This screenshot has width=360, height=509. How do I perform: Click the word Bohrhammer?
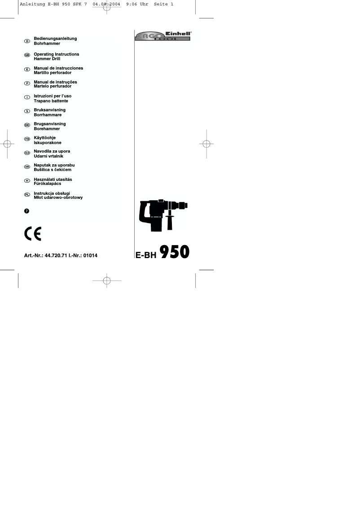point(47,44)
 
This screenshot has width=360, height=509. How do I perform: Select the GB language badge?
point(27,55)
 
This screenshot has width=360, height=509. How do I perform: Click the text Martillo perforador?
point(53,73)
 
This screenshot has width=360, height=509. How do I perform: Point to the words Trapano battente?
point(51,101)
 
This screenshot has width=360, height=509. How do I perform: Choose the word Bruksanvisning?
point(50,110)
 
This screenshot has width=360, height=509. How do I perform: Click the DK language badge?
point(27,125)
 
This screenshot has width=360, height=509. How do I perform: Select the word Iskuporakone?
point(48,143)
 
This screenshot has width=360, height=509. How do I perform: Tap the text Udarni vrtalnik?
point(48,156)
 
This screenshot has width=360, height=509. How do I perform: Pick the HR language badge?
point(27,167)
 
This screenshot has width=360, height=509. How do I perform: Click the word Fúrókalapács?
point(48,184)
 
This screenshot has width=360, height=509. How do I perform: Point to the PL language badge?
point(27,194)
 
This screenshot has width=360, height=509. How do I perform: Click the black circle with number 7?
point(27,211)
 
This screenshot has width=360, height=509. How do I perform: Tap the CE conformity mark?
point(33,234)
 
